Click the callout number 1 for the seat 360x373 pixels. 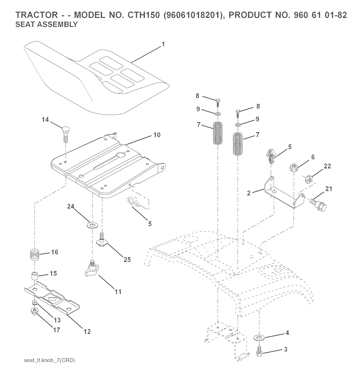pos(163,44)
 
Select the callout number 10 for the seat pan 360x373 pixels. pos(157,135)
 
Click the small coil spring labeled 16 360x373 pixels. pos(35,254)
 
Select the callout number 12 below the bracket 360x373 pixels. pos(87,331)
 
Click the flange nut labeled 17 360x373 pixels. pos(35,311)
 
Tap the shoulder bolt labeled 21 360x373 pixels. pos(318,203)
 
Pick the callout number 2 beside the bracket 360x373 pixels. pos(249,193)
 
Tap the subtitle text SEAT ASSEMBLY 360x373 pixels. pos(46,25)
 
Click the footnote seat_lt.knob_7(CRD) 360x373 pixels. pos(50,360)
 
